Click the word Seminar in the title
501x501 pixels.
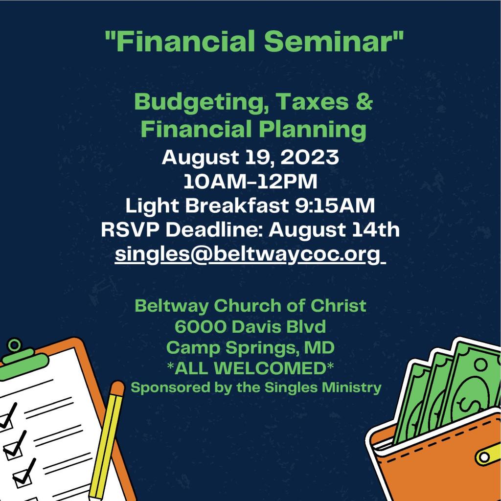pos(334,41)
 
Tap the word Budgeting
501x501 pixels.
pos(201,103)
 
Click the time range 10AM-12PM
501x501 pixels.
pos(250,182)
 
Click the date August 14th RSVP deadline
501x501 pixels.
pos(334,229)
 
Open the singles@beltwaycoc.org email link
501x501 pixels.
pos(250,254)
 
